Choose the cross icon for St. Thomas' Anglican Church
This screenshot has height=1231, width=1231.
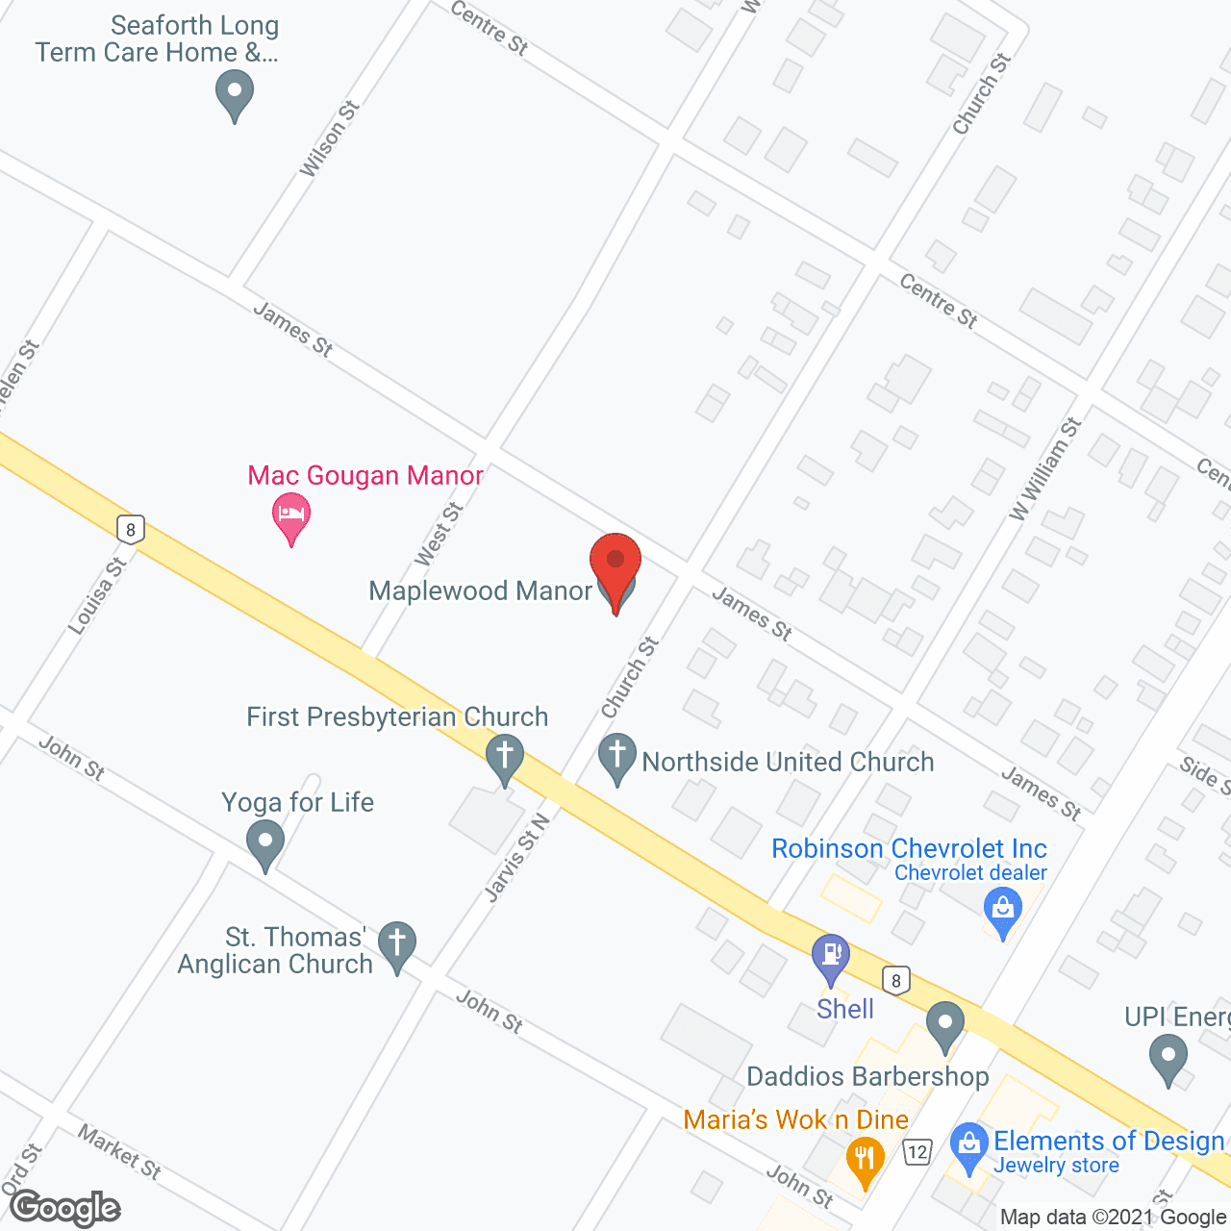[x=396, y=943]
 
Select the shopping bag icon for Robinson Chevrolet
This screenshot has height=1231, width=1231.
[x=1003, y=909]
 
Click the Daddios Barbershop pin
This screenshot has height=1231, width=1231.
[x=945, y=1023]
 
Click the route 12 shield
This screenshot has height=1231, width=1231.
[x=917, y=1151]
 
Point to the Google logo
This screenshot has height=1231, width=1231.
[x=65, y=1208]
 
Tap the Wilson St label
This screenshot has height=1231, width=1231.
[x=329, y=139]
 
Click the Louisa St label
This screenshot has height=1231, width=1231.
[x=97, y=596]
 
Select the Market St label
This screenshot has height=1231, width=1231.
[x=119, y=1152]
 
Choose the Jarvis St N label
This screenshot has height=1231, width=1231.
[x=517, y=858]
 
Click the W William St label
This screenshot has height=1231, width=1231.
[x=1045, y=469]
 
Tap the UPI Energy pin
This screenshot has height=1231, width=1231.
[x=1168, y=1057]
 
